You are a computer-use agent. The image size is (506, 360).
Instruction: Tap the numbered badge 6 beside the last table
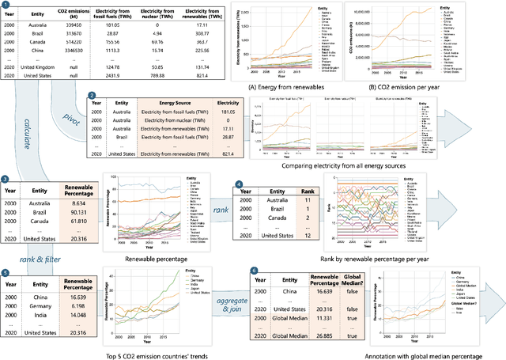252,271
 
